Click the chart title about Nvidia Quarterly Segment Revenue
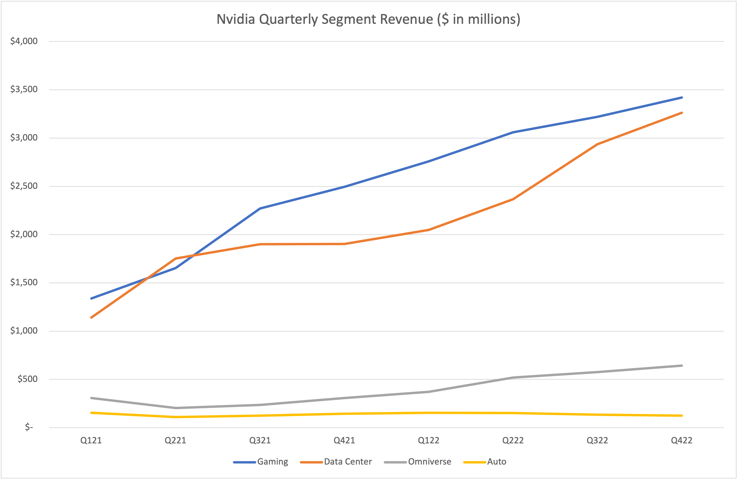tap(368, 19)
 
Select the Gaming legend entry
tap(272, 462)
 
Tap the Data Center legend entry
tap(348, 462)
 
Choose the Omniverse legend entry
tap(429, 462)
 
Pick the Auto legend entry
tap(496, 462)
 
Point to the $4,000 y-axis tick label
tap(24, 41)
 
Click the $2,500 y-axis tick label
tap(24, 186)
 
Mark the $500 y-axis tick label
tap(27, 379)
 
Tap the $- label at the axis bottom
tap(29, 427)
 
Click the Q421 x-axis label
tap(344, 440)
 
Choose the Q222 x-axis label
tap(513, 440)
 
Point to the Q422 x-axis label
tap(682, 440)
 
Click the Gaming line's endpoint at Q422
tap(682, 98)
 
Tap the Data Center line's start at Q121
tap(91, 317)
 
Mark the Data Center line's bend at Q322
tap(597, 144)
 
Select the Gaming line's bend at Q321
tap(260, 209)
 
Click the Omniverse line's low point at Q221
tap(176, 408)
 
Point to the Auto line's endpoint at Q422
tap(682, 415)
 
